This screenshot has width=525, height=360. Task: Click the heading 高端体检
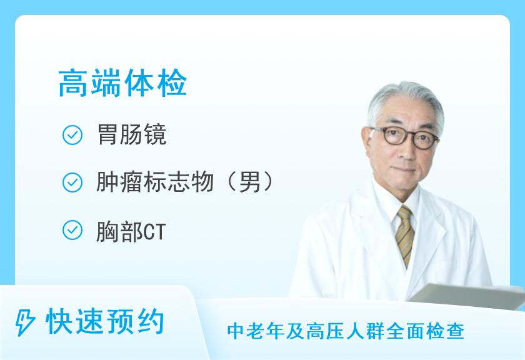point(122,83)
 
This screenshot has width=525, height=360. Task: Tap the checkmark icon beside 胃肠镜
point(72,135)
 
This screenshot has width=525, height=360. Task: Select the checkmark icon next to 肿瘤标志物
point(72,182)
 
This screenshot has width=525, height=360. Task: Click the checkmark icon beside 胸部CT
point(72,230)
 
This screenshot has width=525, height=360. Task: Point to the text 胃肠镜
point(132,134)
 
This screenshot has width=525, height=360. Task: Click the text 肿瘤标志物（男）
point(185,182)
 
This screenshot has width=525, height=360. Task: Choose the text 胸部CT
point(131,232)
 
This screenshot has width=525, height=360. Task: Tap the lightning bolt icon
point(25,322)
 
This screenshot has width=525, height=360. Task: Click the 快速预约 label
point(105,322)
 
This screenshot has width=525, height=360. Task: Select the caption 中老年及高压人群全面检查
point(346,331)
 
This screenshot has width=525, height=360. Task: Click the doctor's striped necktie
point(404,235)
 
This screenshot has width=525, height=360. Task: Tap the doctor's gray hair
point(405,101)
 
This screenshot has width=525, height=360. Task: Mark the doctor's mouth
point(405,170)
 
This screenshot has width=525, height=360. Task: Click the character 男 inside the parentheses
point(249,182)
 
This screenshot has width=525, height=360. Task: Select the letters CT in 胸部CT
point(154,232)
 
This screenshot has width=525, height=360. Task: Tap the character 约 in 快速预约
point(151,322)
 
